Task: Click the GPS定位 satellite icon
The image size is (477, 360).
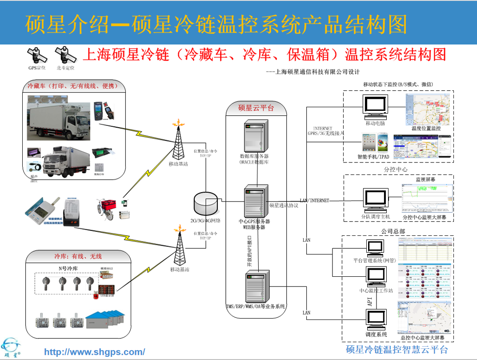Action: point(37,56)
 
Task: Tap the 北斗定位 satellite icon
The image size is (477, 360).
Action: point(65,56)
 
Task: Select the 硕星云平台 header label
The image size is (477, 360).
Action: point(256,108)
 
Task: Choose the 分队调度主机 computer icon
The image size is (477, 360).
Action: point(376,201)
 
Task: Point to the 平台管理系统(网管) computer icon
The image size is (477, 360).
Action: point(374,248)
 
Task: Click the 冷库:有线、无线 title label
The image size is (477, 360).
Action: point(78,256)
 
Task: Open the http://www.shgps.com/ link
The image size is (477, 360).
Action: point(95,352)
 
